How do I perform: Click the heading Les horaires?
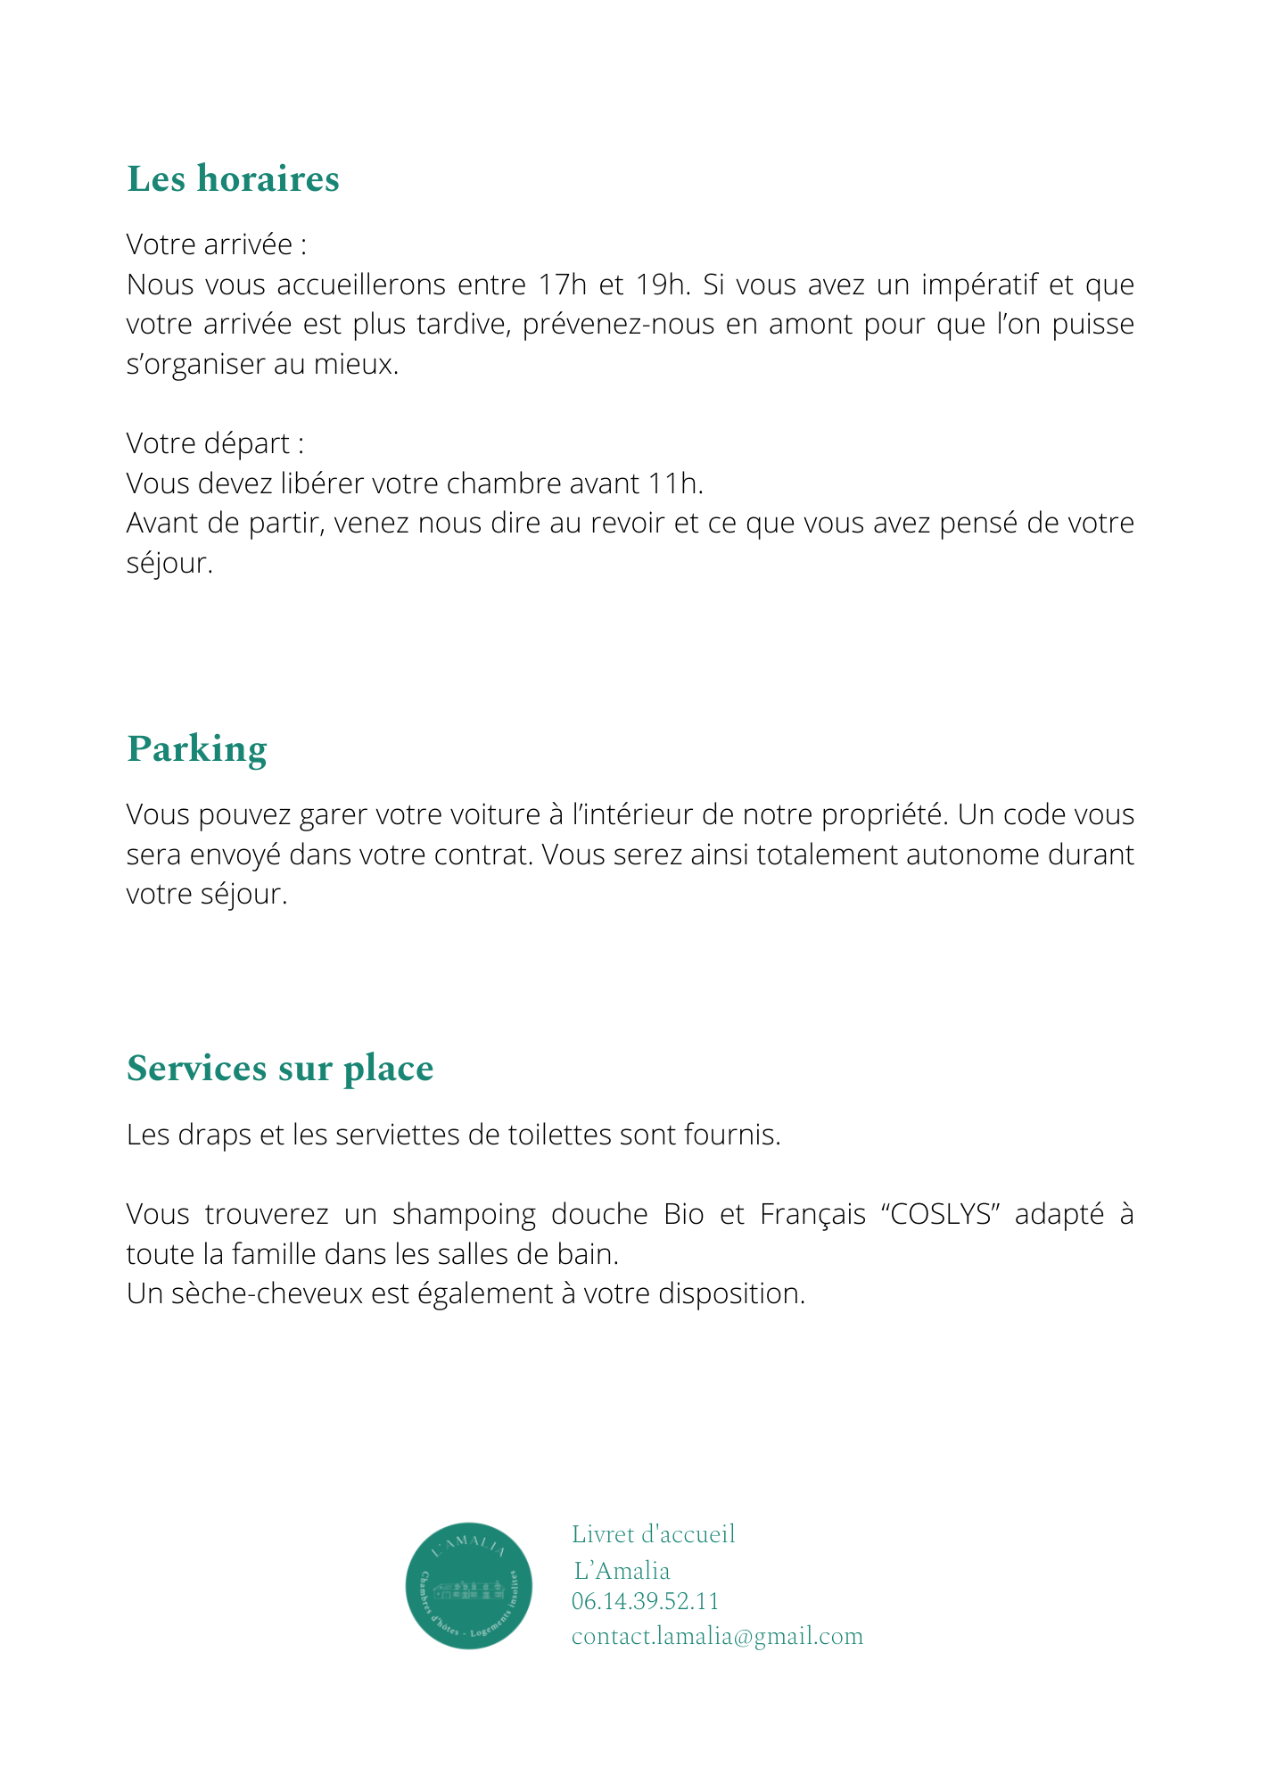[233, 178]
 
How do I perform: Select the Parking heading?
[197, 748]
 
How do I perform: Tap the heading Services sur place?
[280, 1068]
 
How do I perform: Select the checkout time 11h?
[675, 483]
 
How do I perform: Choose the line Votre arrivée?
[217, 244]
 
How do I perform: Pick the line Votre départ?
[215, 442]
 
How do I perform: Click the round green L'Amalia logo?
[469, 1585]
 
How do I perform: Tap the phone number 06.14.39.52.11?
[645, 1601]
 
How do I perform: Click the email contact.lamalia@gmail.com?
[717, 1636]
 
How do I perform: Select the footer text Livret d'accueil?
[654, 1533]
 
